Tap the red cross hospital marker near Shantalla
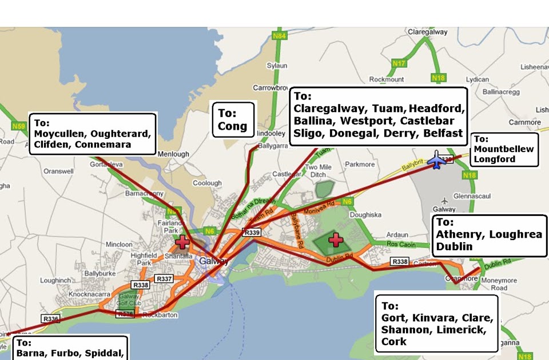pos(183,241)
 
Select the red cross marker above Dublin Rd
pos(335,239)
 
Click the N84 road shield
pos(280,36)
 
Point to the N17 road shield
pos(400,63)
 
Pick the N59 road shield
pos(18,125)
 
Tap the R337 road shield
pos(164,278)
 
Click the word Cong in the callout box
pos(233,126)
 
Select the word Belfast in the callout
pos(443,133)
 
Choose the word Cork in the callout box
pos(394,341)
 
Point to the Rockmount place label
pos(387,79)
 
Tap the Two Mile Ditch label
pos(319,171)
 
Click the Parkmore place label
pos(360,165)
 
